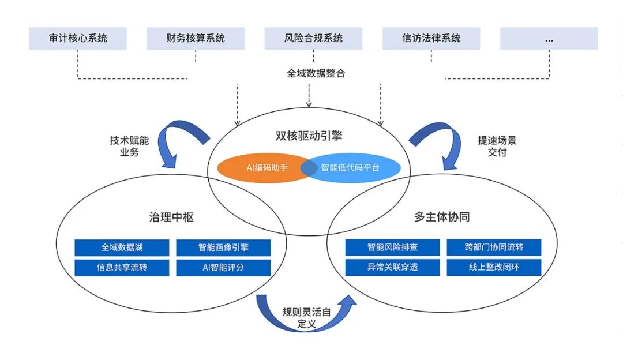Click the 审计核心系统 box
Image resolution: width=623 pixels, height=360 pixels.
78,39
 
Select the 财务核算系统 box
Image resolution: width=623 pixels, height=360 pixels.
196,39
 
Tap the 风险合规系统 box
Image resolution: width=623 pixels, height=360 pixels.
313,39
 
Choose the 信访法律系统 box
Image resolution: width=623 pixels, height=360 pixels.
431,39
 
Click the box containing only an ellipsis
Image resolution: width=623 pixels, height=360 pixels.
549,39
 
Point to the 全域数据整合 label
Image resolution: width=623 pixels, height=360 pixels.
316,73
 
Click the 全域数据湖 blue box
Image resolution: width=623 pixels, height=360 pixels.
122,247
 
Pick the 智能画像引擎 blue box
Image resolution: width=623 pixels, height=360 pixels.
223,247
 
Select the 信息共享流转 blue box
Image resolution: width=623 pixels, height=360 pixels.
122,268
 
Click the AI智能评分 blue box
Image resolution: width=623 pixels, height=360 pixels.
223,268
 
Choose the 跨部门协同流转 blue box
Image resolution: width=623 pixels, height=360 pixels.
494,247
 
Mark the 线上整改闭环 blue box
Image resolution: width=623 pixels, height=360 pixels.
494,268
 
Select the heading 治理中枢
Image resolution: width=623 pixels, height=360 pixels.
171,217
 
